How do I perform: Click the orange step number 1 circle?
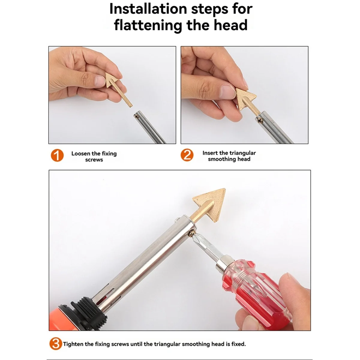click(57, 155)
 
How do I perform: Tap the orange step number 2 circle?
click(187, 155)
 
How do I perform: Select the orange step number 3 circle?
click(56, 344)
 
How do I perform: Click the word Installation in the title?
click(148, 9)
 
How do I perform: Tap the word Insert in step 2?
click(210, 153)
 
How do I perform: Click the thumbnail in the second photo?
click(227, 92)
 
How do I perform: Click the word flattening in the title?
click(148, 25)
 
